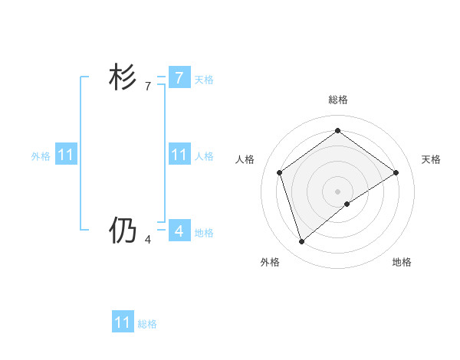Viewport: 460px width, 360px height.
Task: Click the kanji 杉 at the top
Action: tap(123, 78)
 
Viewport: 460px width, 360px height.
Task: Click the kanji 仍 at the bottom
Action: tap(123, 231)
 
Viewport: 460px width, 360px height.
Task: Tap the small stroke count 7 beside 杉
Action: tap(148, 87)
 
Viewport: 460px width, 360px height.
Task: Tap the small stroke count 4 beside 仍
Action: tap(148, 240)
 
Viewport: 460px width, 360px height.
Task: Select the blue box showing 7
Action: tap(179, 77)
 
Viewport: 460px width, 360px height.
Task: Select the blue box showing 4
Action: tap(179, 231)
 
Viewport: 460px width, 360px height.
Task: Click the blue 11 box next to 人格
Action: tap(179, 155)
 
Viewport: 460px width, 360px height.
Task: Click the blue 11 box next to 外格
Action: tap(65, 155)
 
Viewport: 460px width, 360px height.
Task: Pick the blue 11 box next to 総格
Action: tap(122, 322)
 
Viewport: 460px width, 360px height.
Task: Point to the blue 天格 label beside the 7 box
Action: tap(204, 80)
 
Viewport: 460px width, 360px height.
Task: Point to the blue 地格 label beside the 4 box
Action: tap(204, 233)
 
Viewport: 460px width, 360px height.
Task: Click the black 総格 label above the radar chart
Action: tap(337, 100)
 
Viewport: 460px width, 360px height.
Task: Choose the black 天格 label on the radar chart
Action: tap(431, 159)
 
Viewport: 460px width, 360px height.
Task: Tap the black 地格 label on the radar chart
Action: tap(402, 262)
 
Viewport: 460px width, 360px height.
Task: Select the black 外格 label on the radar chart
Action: tap(270, 262)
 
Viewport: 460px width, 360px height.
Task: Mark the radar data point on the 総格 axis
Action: tap(337, 130)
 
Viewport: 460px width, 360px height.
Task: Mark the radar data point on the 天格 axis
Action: tap(396, 172)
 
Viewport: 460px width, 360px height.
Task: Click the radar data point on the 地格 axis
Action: tap(347, 204)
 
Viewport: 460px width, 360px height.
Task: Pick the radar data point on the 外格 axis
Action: tap(301, 242)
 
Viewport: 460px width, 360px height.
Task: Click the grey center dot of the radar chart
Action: tap(337, 191)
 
